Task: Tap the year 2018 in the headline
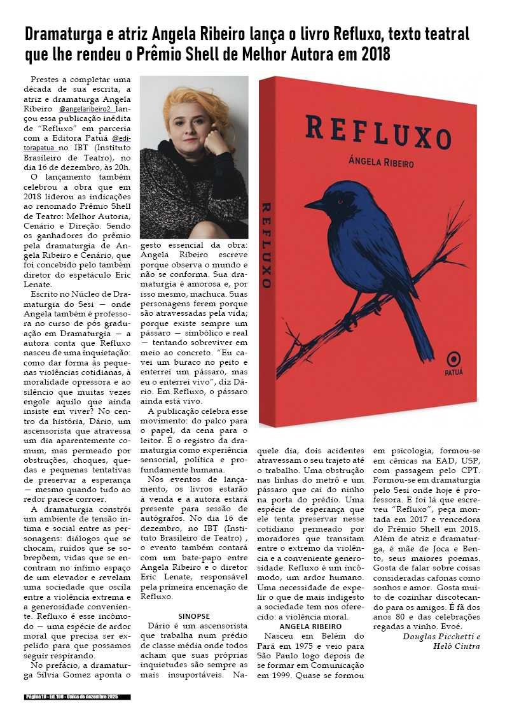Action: tap(372, 55)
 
